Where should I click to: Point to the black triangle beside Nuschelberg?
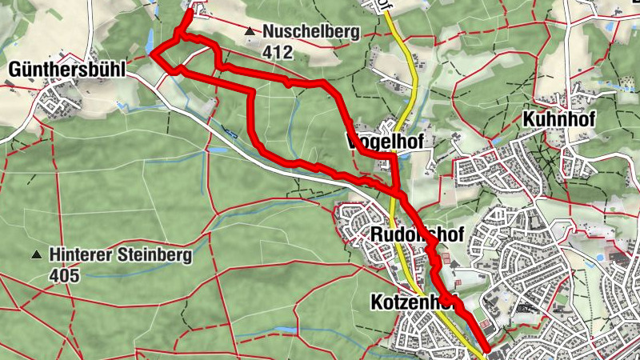[250, 32]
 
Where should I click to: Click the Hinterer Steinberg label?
[120, 255]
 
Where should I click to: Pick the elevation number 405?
[65, 275]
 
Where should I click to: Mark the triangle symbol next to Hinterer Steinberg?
[36, 255]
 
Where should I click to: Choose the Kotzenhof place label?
[413, 302]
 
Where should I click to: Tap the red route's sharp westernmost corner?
[153, 54]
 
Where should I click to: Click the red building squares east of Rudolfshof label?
[446, 261]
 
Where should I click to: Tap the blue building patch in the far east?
[618, 260]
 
